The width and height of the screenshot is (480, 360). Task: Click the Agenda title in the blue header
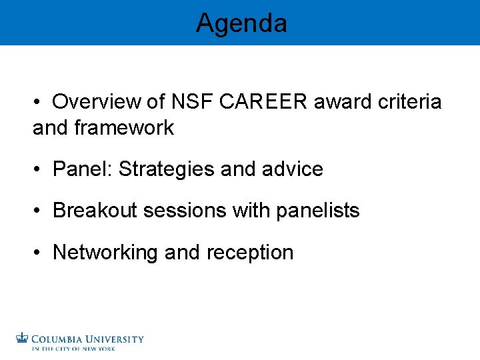coord(241,24)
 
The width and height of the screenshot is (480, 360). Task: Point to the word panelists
coord(319,211)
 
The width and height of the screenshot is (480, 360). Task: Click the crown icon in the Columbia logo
coord(23,338)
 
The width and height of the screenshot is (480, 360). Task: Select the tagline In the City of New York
coord(74,349)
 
